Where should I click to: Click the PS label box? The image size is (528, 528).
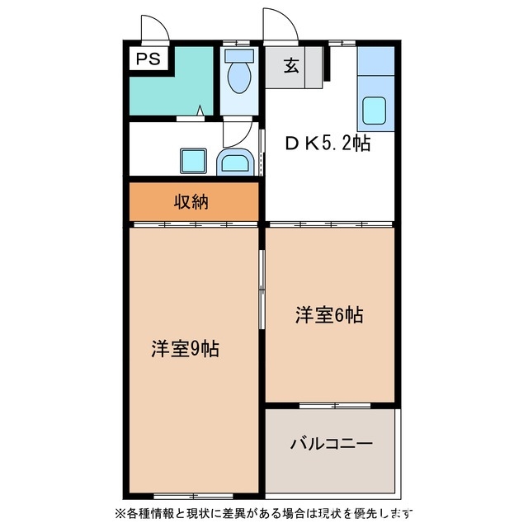(x=148, y=59)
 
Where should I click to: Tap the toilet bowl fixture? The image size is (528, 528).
(x=239, y=77)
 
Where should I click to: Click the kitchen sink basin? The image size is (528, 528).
(x=375, y=110)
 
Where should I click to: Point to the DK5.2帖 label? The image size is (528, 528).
(x=328, y=144)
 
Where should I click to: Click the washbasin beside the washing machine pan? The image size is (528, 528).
(x=235, y=162)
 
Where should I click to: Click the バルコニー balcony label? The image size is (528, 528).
(x=331, y=443)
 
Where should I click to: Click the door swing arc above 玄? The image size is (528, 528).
(x=277, y=22)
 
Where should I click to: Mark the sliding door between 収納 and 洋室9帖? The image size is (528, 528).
(x=196, y=224)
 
